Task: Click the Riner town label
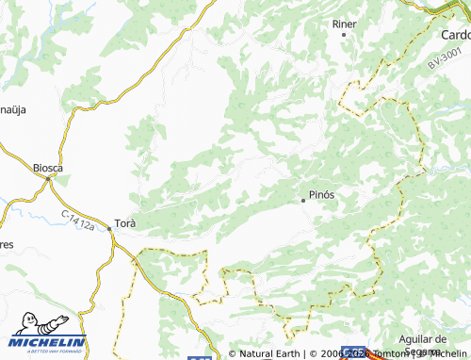344,23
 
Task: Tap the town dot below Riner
344,35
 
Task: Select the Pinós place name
322,195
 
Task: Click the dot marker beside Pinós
302,200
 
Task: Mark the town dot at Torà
111,237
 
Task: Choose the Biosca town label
47,168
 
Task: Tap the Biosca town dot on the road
48,178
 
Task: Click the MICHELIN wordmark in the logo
48,342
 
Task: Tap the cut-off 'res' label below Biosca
6,245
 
